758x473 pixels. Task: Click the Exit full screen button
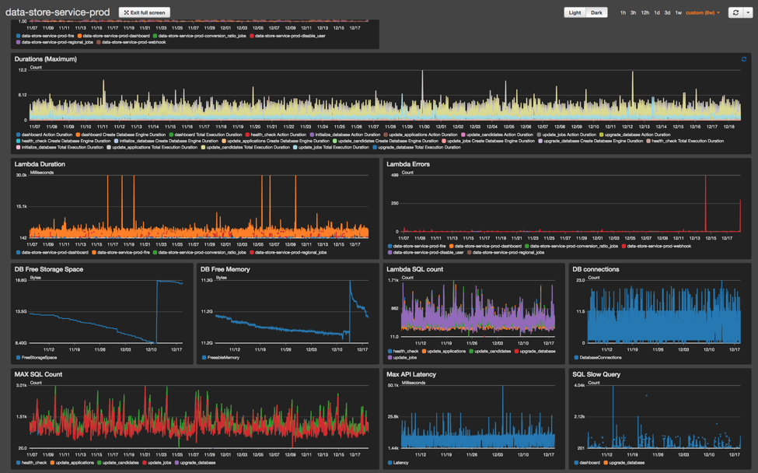(x=145, y=12)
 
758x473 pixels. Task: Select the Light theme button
(x=575, y=12)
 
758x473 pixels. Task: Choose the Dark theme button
(x=596, y=12)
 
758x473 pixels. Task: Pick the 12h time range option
(x=645, y=12)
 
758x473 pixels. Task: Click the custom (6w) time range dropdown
(x=703, y=12)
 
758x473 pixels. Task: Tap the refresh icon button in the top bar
(x=735, y=12)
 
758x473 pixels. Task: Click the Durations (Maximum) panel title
(x=45, y=59)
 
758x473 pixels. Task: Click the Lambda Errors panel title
(x=408, y=164)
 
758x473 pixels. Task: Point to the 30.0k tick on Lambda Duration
(x=21, y=175)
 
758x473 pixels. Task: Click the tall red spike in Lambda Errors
(x=706, y=202)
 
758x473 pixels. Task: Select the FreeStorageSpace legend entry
(x=37, y=357)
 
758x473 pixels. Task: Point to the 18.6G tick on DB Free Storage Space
(x=21, y=280)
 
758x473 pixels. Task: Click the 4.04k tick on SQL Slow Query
(x=579, y=385)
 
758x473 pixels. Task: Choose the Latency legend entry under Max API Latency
(x=400, y=462)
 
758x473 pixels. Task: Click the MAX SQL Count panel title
(x=38, y=374)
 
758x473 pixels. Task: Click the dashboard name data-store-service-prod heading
(x=58, y=12)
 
